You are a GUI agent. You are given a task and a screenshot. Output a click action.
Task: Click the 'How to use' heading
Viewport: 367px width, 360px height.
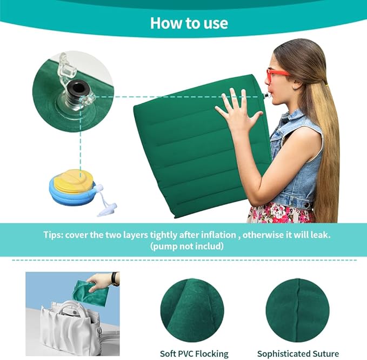[x=189, y=23]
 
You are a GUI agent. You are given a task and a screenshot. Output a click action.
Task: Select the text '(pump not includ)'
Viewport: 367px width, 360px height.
[x=187, y=246]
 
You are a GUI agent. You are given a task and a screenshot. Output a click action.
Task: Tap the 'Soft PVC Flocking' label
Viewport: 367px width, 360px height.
[x=194, y=354]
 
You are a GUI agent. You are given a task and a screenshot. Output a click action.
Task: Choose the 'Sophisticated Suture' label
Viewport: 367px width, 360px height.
[x=298, y=354]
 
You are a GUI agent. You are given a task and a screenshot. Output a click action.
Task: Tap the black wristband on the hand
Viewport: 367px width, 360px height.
[x=114, y=278]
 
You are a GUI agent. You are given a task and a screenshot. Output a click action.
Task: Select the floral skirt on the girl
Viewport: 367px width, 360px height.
[x=281, y=212]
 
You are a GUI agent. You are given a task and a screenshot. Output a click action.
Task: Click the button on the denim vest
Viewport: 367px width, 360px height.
[x=306, y=205]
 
